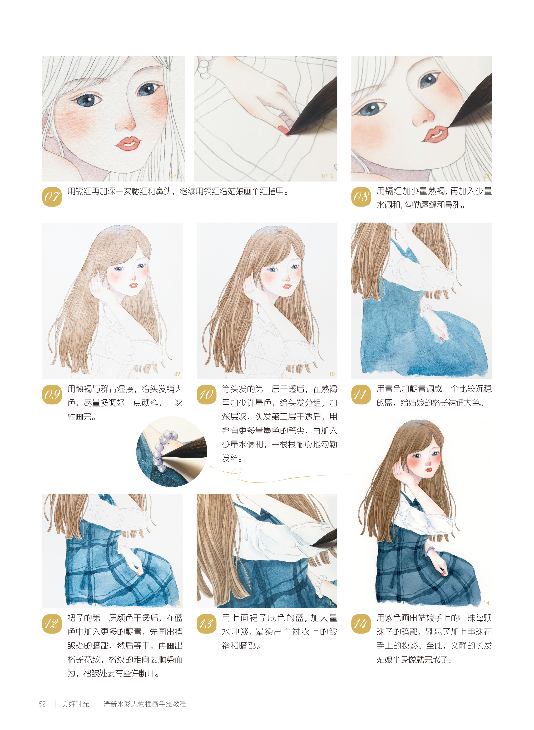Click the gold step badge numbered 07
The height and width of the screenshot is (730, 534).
[52, 197]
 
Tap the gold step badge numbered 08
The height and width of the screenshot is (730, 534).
[361, 197]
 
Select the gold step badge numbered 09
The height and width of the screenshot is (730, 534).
[52, 395]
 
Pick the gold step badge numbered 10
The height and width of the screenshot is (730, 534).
[207, 395]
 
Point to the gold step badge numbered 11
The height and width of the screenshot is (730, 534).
[361, 395]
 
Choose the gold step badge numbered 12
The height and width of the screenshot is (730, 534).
[52, 624]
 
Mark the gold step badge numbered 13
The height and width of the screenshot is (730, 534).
[207, 624]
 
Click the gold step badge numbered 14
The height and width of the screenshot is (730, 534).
[361, 624]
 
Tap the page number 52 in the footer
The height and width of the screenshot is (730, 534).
[42, 704]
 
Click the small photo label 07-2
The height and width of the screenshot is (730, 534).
[327, 176]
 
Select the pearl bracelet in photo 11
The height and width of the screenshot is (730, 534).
[426, 310]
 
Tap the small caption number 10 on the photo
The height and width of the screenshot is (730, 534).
[332, 374]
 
